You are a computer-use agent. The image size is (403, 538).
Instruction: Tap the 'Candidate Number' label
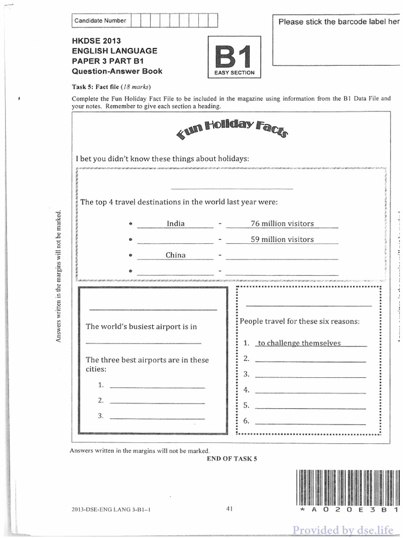100,20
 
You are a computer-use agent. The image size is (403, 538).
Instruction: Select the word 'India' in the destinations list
175,223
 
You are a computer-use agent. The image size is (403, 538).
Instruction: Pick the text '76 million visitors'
282,223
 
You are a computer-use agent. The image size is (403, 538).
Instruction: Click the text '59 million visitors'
282,239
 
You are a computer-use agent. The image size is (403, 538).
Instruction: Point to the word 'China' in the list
175,255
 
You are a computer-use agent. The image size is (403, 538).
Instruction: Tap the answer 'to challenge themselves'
299,343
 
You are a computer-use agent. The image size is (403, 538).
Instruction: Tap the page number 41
229,508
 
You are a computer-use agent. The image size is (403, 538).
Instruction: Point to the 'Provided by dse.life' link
347,529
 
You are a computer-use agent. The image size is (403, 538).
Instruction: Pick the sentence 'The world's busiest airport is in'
141,326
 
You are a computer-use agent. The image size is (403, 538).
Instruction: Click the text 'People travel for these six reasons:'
300,321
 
